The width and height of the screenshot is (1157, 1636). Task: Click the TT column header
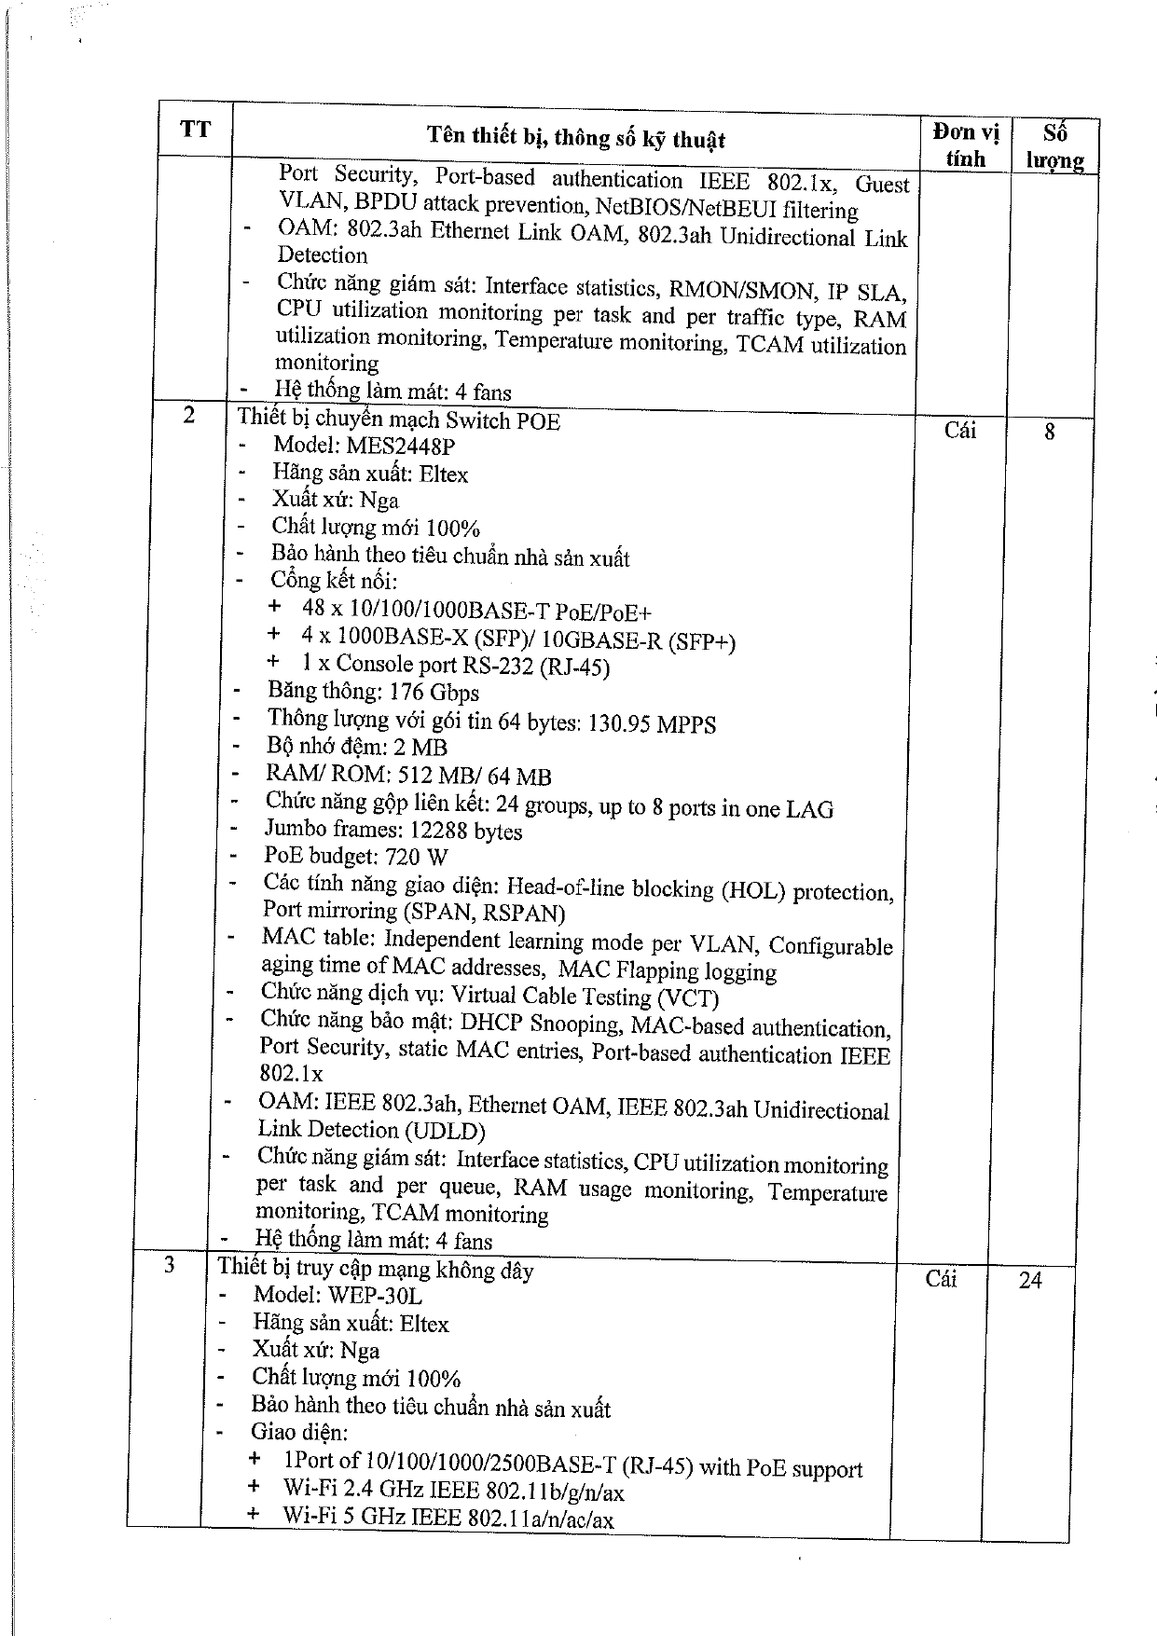195,129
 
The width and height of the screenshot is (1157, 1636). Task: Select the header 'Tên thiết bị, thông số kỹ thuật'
575,139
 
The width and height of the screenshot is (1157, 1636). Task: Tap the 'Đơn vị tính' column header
965,145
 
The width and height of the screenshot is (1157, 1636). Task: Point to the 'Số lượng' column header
1054,146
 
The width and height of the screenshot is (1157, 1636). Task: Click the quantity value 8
1050,432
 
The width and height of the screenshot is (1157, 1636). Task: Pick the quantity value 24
1030,1281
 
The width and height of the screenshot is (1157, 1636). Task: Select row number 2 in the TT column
189,416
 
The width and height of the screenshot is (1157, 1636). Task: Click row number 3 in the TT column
169,1265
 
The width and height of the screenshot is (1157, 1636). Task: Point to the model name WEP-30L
375,1296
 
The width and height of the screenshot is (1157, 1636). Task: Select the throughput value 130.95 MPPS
652,724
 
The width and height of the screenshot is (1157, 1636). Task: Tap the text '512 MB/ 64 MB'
475,776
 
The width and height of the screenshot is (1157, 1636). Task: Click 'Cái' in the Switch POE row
960,430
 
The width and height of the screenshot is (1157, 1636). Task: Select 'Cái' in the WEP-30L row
942,1279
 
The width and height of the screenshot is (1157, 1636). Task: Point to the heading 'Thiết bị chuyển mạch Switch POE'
399,420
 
